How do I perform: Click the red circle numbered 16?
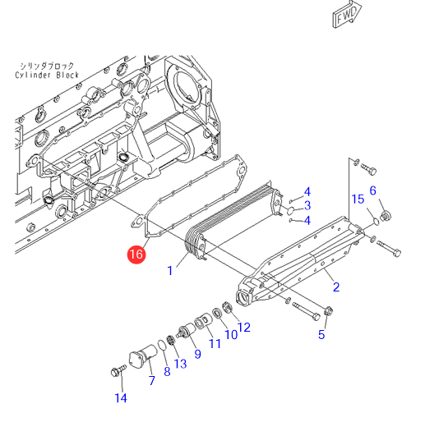click(136, 255)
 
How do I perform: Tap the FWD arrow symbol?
click(347, 14)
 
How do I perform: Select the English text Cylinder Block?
click(47, 75)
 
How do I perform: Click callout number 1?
click(170, 270)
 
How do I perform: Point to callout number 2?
click(336, 287)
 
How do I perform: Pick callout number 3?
click(307, 205)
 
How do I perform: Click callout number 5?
click(321, 334)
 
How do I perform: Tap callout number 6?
click(373, 190)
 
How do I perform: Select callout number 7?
click(152, 380)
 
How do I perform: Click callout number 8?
click(167, 371)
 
